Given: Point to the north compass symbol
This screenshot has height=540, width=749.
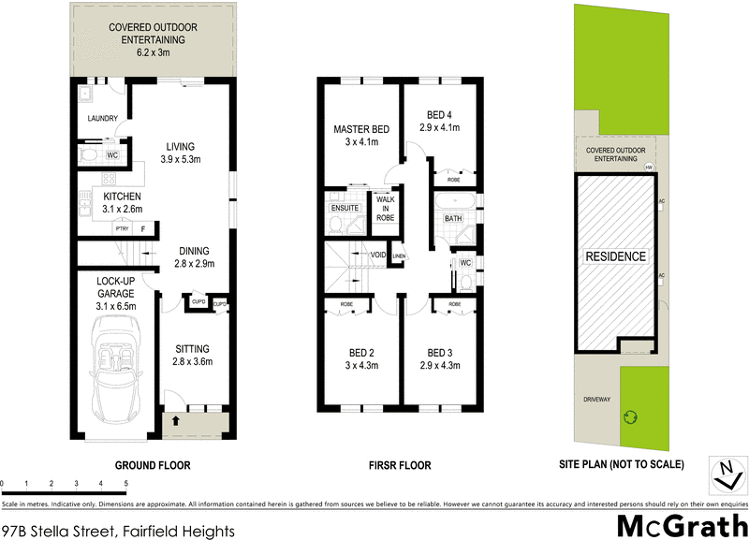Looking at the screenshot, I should pyautogui.click(x=725, y=473).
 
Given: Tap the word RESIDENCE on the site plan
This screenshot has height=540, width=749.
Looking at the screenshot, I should pyautogui.click(x=615, y=256).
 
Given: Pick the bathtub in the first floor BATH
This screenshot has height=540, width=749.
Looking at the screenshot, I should pyautogui.click(x=454, y=202).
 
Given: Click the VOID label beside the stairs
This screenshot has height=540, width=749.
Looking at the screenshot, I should pyautogui.click(x=378, y=255).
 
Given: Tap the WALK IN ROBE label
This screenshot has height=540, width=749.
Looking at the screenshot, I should pyautogui.click(x=386, y=207).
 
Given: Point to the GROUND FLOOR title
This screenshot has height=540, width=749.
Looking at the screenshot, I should pyautogui.click(x=153, y=464).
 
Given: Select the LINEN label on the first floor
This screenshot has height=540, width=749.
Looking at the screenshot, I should pyautogui.click(x=399, y=255).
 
